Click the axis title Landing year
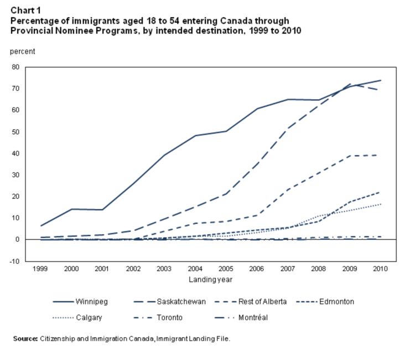click(210, 280)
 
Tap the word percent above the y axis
click(22, 52)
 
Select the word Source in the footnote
click(24, 338)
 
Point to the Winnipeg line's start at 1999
click(41, 225)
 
